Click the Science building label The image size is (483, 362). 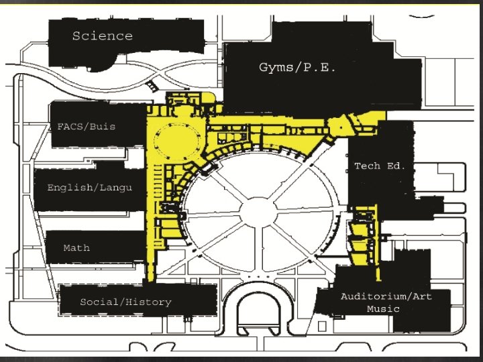point(103,36)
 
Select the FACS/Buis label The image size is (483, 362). point(87,126)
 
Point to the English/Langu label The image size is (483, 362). point(89,188)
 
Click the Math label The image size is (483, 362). point(76,248)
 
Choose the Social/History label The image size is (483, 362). point(125,302)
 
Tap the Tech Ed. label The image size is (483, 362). point(380,166)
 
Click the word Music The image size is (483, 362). point(383,309)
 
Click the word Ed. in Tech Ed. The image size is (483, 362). point(396,166)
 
